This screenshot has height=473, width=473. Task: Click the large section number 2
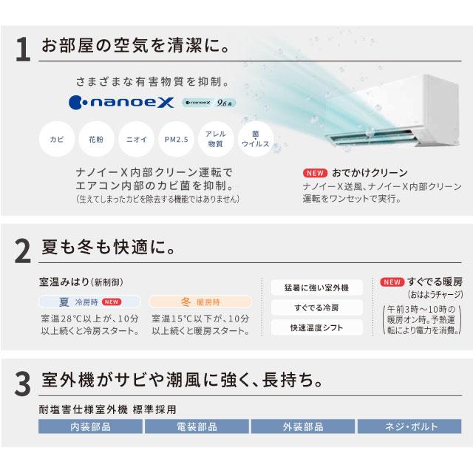coord(24,252)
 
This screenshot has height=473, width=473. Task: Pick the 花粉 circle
coord(96,139)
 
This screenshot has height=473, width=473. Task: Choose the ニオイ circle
coord(135,139)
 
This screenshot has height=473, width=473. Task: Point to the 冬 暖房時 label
coord(191,302)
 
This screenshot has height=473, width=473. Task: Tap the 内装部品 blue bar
coord(90,426)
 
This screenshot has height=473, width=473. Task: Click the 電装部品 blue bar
coord(197,426)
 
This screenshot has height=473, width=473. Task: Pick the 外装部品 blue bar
coord(304,426)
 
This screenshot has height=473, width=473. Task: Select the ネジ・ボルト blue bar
coord(410,426)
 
